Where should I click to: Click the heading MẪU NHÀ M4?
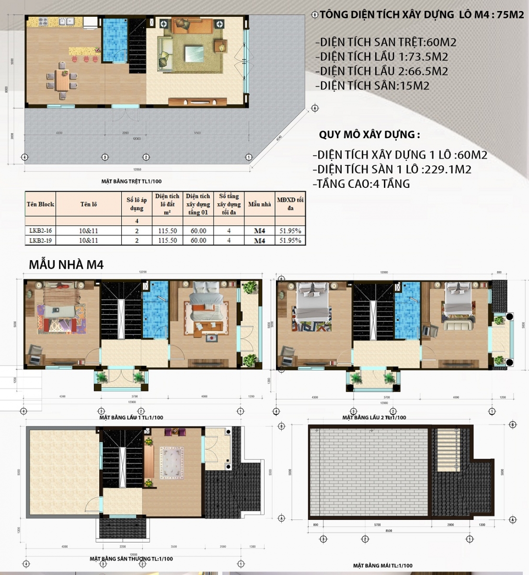pyautogui.click(x=66, y=264)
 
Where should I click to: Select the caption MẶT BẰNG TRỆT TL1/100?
pyautogui.click(x=131, y=182)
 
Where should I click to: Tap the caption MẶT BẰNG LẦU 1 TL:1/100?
pyautogui.click(x=131, y=417)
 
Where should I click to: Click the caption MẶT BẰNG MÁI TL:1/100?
pyautogui.click(x=382, y=566)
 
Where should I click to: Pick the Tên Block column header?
pyautogui.click(x=40, y=204)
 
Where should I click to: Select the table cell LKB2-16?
pyautogui.click(x=40, y=231)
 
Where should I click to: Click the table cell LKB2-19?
pyautogui.click(x=40, y=241)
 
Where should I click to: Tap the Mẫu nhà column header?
pyautogui.click(x=259, y=204)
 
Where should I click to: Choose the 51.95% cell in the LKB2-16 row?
pyautogui.click(x=290, y=231)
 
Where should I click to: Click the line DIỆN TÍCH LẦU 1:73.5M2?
pyautogui.click(x=382, y=57)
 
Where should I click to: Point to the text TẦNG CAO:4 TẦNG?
pyautogui.click(x=362, y=184)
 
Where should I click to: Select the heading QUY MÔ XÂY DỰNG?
pyautogui.click(x=369, y=135)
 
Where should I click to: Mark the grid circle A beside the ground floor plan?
pyautogui.click(x=315, y=108)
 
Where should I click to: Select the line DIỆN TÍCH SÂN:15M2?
pyautogui.click(x=372, y=86)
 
